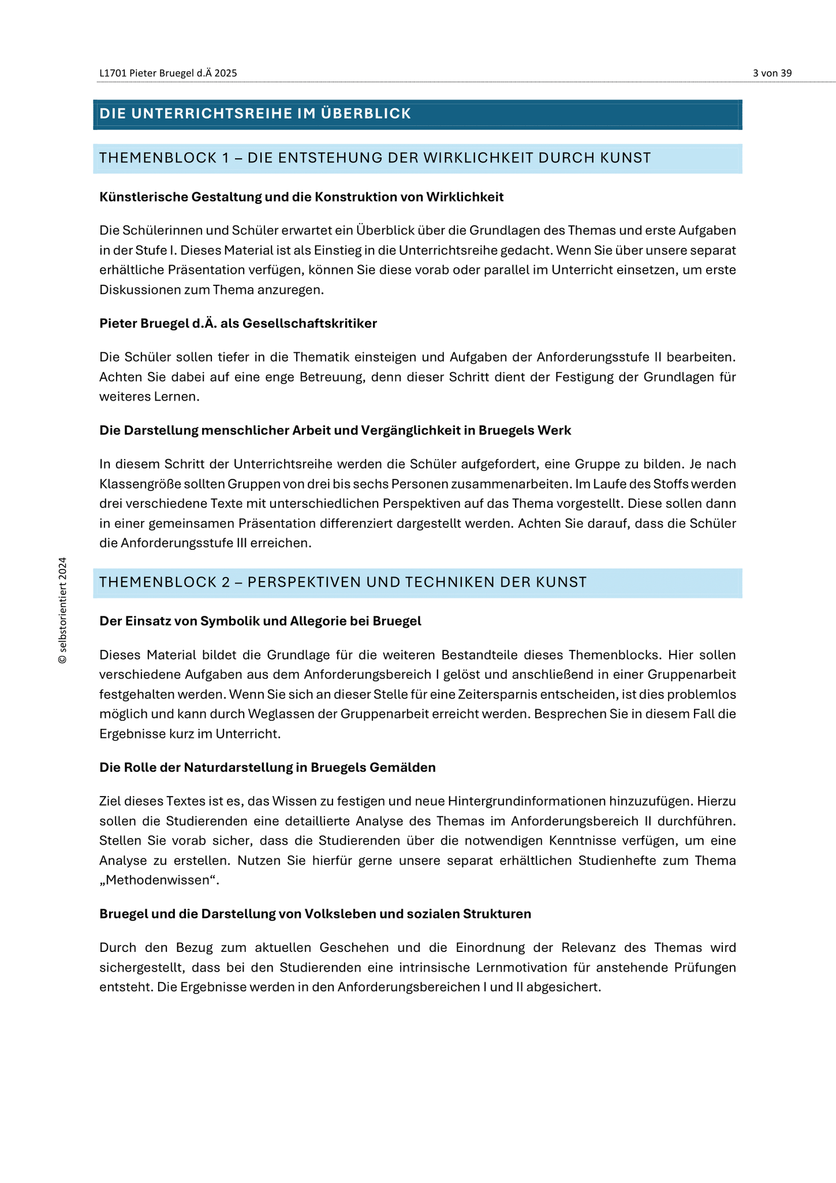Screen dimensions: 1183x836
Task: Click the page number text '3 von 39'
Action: click(x=772, y=73)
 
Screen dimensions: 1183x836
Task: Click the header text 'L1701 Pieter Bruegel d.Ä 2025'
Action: click(x=168, y=73)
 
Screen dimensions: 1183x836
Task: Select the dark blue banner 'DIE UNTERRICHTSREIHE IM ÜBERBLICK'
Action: click(x=417, y=114)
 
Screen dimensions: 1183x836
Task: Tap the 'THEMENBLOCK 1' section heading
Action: click(x=375, y=158)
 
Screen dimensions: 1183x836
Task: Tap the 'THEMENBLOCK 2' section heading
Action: click(x=343, y=582)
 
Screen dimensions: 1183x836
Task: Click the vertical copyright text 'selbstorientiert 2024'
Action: click(x=63, y=610)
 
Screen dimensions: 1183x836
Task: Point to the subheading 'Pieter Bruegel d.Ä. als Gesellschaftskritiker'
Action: click(x=238, y=323)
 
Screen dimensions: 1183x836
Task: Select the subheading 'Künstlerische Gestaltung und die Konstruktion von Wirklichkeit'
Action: click(x=301, y=197)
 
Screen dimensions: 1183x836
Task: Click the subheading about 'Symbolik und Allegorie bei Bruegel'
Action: click(x=260, y=621)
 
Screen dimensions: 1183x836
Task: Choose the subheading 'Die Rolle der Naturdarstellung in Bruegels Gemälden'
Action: click(x=267, y=767)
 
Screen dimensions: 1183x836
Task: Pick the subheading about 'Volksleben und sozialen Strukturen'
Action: click(x=315, y=914)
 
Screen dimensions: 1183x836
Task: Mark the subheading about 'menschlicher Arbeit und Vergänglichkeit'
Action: click(x=335, y=430)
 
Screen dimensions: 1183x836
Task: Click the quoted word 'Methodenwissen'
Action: click(x=159, y=880)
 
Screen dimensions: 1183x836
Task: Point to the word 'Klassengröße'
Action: click(x=136, y=484)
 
